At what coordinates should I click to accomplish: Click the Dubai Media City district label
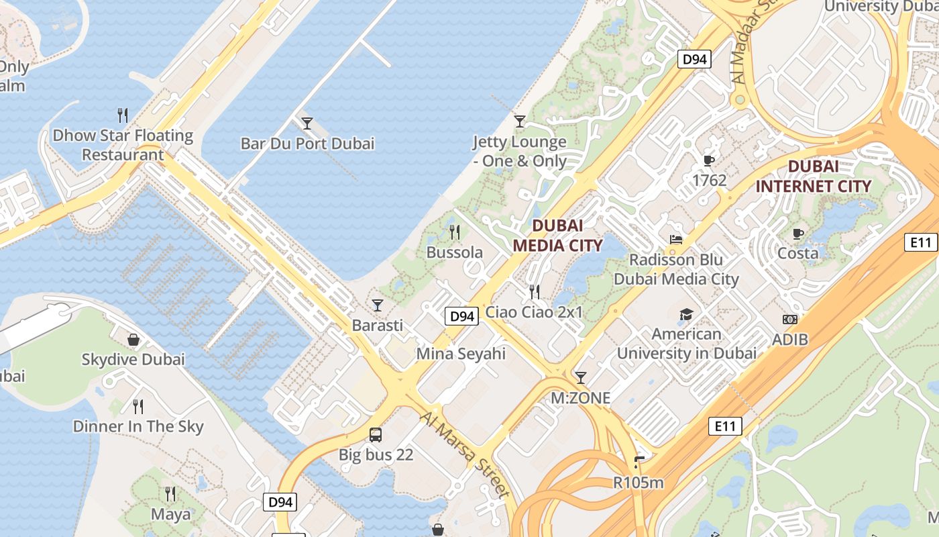557,235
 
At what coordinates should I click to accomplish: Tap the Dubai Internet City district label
814,177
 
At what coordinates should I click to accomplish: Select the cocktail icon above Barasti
378,305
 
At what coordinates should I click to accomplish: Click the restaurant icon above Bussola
455,232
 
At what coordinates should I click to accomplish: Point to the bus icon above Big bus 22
376,435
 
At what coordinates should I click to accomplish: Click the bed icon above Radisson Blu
676,240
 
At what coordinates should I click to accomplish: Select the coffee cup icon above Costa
797,234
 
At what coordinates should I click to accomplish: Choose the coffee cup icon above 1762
708,160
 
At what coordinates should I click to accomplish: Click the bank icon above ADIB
789,320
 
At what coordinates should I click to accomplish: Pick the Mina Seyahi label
461,353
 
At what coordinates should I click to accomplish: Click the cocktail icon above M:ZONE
580,378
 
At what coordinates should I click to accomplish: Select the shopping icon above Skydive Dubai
133,340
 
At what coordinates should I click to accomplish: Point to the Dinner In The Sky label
138,426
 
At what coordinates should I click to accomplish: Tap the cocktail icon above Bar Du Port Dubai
307,124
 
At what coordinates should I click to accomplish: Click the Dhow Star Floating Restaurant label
123,145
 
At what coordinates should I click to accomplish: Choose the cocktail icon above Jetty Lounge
519,121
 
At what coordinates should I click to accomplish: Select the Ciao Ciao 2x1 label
534,311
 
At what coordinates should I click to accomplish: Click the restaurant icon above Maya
170,494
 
